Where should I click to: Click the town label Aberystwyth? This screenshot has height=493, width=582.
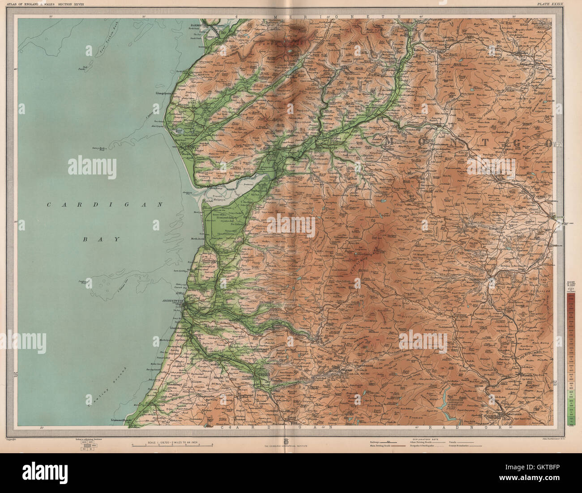click(x=173, y=301)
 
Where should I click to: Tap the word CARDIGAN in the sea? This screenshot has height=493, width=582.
click(x=104, y=204)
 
